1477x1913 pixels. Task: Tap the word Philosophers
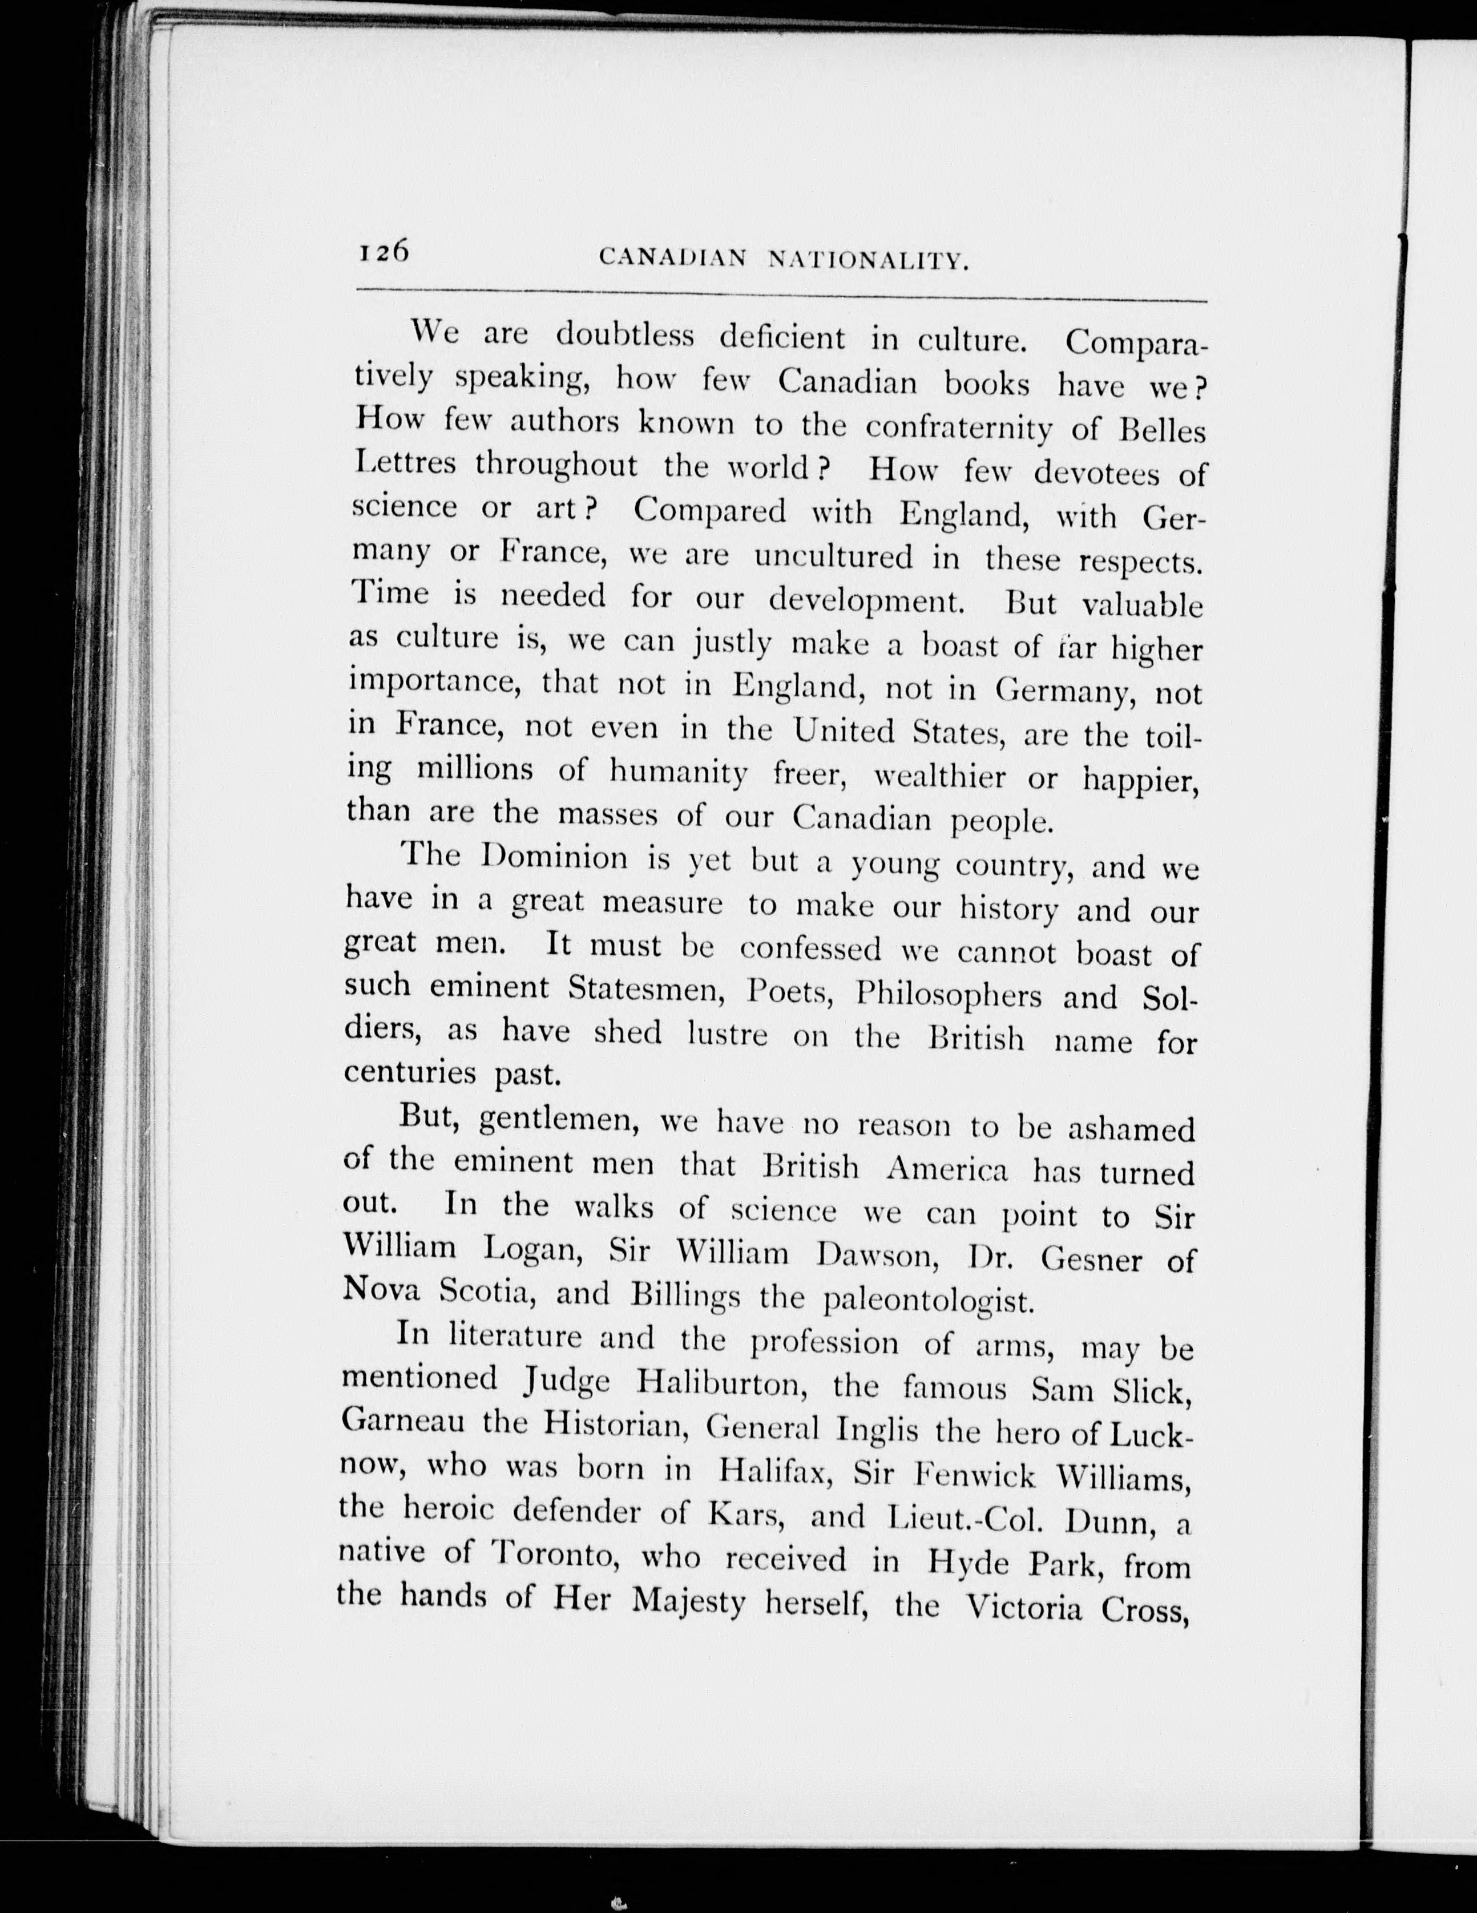click(948, 996)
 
